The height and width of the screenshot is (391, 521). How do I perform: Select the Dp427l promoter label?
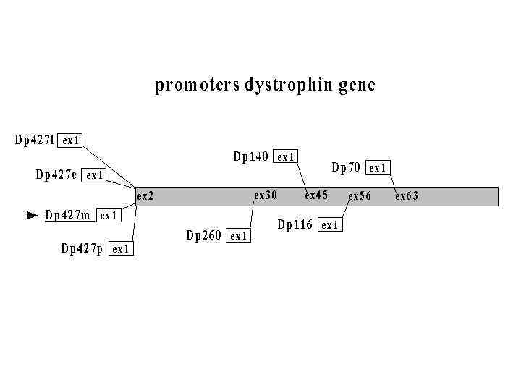34,140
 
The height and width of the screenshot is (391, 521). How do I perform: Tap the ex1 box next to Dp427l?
71,140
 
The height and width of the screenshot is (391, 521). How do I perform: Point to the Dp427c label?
56,175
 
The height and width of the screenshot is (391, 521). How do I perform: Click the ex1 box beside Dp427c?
95,175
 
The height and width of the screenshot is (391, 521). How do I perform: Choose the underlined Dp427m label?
68,215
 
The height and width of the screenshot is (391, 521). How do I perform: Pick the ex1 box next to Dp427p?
121,249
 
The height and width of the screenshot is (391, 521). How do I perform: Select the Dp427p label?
82,249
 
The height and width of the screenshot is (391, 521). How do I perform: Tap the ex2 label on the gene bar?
145,196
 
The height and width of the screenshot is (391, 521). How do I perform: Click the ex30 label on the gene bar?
266,195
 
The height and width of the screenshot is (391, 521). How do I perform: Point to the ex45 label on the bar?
316,195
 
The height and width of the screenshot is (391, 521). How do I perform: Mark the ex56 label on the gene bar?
360,196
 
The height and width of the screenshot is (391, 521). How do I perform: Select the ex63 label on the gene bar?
407,196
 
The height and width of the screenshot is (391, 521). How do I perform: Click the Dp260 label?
204,235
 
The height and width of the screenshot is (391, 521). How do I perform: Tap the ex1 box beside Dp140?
286,156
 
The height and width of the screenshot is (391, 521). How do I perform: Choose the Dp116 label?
295,224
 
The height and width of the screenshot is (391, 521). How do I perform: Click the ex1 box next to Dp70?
378,168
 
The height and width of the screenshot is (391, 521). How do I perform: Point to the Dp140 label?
251,156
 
